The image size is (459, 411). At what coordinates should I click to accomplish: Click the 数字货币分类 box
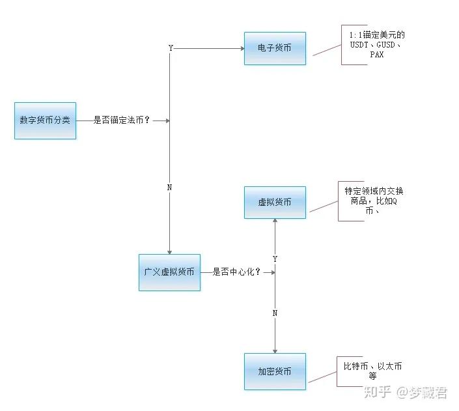(45, 120)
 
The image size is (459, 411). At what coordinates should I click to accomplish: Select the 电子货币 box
(275, 48)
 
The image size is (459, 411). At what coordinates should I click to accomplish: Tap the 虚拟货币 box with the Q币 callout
(275, 203)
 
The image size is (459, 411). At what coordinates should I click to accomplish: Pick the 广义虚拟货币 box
(169, 272)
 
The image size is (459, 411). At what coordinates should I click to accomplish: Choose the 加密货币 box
(275, 371)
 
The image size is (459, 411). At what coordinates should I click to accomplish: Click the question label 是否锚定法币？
(122, 120)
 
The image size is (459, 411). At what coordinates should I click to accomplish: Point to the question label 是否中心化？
(236, 272)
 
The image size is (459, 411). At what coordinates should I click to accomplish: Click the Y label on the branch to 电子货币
(171, 48)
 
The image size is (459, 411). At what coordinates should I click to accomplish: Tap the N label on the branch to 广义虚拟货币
(170, 188)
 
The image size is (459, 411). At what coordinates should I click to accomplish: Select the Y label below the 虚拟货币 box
(275, 259)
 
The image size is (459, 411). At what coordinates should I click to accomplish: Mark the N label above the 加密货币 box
(275, 313)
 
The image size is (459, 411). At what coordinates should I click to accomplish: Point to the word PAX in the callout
(376, 55)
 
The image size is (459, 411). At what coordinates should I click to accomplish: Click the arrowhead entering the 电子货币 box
(241, 48)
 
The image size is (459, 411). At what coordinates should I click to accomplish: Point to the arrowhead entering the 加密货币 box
(275, 350)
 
